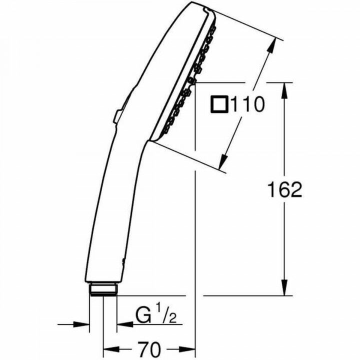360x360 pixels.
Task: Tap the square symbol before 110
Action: click(219, 105)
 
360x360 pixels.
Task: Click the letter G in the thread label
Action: click(142, 316)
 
